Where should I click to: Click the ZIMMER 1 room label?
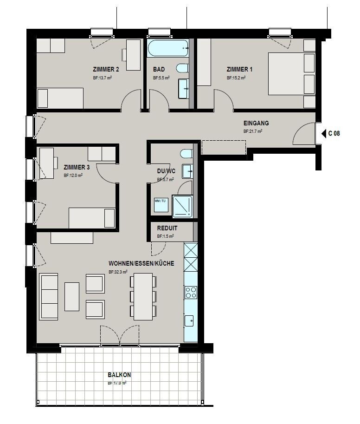239,70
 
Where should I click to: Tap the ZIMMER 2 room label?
106,70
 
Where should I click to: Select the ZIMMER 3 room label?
77,167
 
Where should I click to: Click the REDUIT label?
167,228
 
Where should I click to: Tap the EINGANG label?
256,124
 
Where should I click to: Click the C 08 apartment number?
334,134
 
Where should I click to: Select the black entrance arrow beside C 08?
324,134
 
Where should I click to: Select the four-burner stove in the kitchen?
191,292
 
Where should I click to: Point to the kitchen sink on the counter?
190,320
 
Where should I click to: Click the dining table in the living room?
143,296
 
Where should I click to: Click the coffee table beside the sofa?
72,296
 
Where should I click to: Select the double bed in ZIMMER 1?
292,73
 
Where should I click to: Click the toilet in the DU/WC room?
186,154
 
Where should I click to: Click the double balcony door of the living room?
120,335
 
